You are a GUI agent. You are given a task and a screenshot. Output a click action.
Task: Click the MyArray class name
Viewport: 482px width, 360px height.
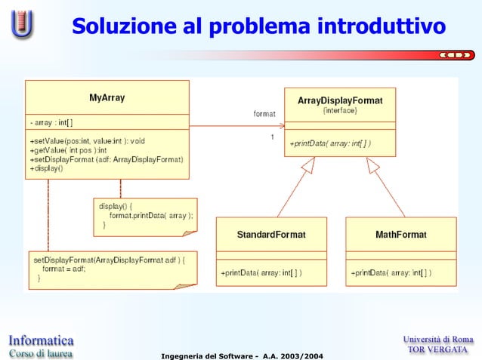coord(107,97)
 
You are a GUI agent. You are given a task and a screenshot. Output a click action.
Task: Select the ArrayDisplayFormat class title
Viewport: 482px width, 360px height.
coord(339,100)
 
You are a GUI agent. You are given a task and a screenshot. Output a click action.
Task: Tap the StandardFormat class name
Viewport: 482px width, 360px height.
coord(271,235)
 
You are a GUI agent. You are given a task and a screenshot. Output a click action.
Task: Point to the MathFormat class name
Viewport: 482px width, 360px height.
coord(400,235)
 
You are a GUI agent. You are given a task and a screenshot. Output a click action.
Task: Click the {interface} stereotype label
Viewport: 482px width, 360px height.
coord(339,110)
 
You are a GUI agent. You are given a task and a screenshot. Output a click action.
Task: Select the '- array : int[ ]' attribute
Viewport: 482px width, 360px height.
coord(52,122)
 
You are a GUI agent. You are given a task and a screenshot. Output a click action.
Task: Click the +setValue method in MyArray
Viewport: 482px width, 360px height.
coord(87,140)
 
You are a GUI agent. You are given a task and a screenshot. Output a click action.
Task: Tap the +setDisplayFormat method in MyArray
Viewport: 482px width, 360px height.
coord(106,159)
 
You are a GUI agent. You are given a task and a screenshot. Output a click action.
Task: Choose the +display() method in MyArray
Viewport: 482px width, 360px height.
coord(47,168)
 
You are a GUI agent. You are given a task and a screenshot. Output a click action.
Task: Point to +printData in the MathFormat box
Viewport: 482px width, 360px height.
coord(392,272)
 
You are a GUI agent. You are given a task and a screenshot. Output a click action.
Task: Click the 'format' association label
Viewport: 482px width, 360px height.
coord(264,114)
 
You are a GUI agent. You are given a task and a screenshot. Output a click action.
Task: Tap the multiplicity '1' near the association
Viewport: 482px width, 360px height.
coord(272,137)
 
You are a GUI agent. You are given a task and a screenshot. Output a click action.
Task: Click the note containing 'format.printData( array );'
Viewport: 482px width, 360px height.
coord(146,215)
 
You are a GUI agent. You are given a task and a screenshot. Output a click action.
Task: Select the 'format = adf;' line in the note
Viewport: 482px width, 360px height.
coord(63,268)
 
